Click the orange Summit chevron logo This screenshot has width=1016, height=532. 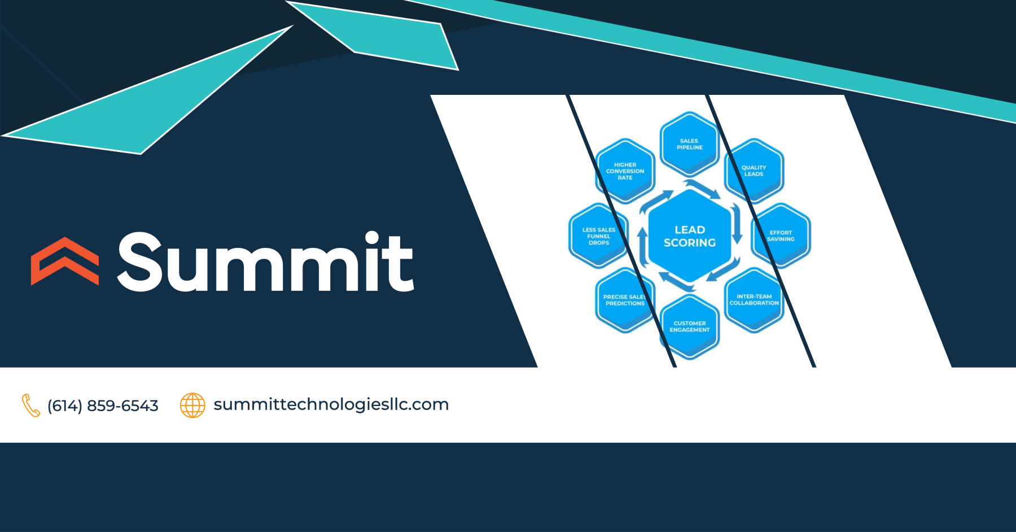pos(65,261)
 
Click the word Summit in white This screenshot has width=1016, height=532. pos(265,262)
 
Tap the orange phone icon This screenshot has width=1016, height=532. pos(30,405)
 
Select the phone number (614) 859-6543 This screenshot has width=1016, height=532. pos(103,405)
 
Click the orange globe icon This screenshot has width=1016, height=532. pos(192,405)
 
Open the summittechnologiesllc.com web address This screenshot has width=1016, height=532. pos(331,404)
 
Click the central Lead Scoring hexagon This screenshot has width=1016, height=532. pos(690,236)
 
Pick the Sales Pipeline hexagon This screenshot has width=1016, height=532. pos(689,144)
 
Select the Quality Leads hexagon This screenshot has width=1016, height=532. pos(754,171)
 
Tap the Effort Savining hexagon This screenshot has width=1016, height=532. pos(781,236)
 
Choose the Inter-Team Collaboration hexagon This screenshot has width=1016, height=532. pos(754,300)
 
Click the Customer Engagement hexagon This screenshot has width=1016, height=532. pos(690,326)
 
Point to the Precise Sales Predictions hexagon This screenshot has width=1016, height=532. pos(625,300)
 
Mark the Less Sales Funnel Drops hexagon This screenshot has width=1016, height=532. pos(599,236)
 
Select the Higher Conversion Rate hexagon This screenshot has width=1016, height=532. pos(625,171)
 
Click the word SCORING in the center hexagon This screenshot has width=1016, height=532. pos(690,243)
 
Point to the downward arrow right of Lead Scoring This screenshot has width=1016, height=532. pos(737,224)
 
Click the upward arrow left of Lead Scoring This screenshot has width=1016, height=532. pos(642,247)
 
